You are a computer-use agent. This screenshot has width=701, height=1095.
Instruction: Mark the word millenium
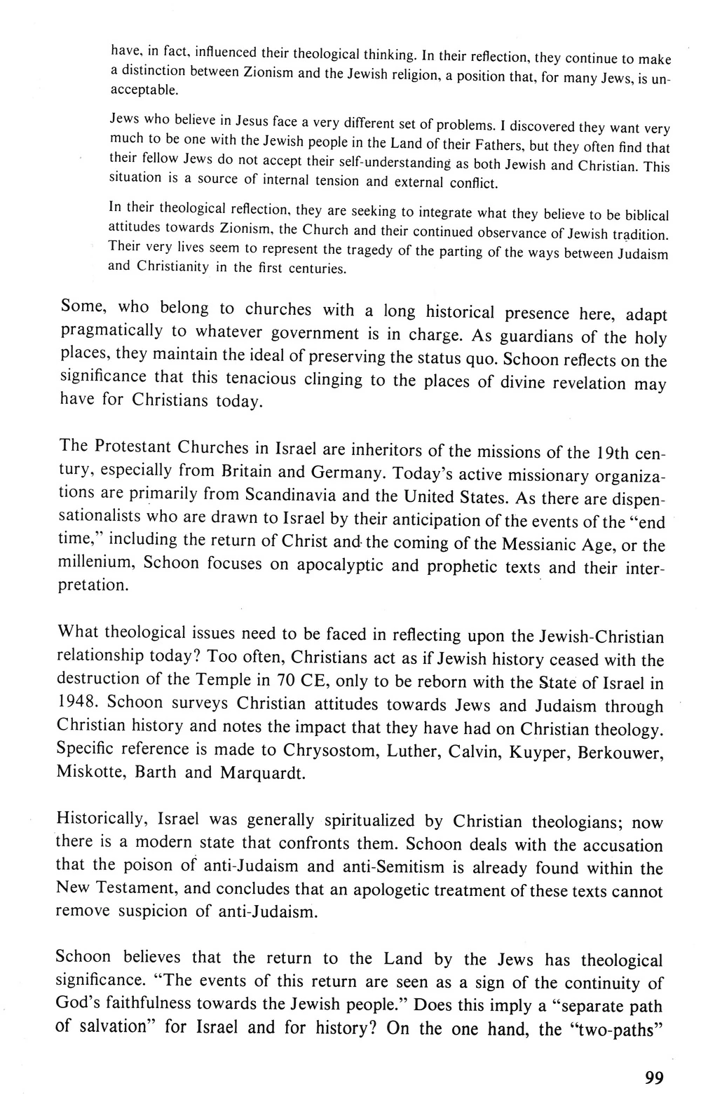92,562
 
